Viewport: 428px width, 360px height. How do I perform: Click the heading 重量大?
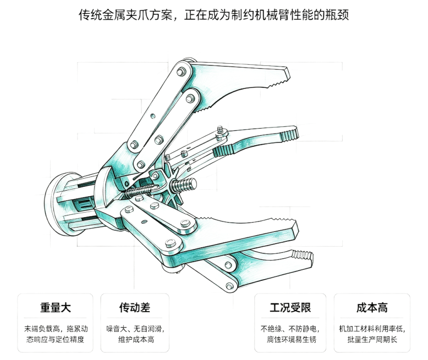tap(56, 308)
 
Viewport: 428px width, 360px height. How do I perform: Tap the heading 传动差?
tap(135, 308)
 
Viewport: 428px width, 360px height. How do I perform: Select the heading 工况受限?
tap(290, 308)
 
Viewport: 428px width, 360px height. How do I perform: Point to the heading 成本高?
tap(372, 308)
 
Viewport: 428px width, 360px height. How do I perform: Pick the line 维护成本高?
tap(136, 340)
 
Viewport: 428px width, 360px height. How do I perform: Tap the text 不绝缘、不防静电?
tap(290, 329)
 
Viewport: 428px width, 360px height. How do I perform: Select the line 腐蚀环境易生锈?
tap(292, 340)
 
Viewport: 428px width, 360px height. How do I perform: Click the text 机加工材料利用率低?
tap(372, 329)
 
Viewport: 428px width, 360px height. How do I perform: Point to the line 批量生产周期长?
tap(372, 340)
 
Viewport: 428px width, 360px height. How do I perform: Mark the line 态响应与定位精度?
tap(55, 340)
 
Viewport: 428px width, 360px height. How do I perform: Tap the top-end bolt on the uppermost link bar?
tap(180, 72)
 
